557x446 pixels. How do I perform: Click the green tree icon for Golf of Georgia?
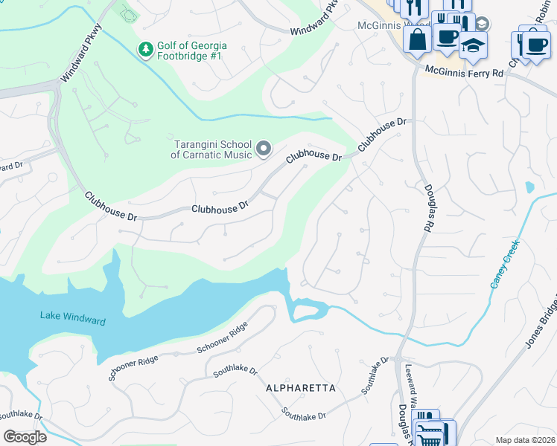[x=146, y=50]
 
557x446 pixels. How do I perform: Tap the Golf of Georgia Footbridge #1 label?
[x=191, y=51]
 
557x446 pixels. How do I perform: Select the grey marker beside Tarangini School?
[x=263, y=149]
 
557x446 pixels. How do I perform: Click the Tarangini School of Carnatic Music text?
[x=213, y=149]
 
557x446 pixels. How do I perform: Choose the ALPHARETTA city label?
[x=301, y=388]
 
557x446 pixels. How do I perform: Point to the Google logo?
[x=25, y=436]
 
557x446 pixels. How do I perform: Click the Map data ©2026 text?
[x=524, y=439]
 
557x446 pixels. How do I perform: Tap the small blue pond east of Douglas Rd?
[x=529, y=187]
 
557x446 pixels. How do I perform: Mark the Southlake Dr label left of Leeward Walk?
[x=375, y=375]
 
